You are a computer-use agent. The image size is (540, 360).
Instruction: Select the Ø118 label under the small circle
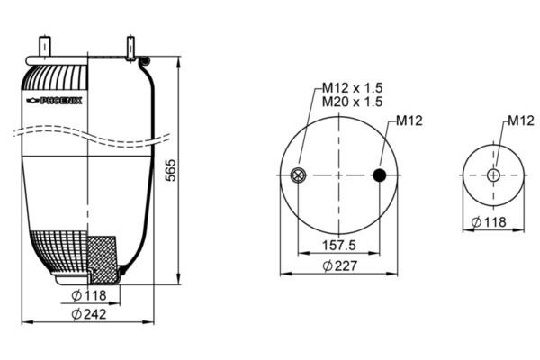[489, 222]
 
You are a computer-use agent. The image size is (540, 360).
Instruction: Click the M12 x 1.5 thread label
[352, 87]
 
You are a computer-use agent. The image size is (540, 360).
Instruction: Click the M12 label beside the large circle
[409, 121]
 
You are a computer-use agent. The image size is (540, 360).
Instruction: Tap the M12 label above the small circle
[521, 121]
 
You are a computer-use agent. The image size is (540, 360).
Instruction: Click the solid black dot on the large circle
[380, 175]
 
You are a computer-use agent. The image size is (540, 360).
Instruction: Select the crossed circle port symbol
[299, 175]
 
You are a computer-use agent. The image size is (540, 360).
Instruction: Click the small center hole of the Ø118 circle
[492, 175]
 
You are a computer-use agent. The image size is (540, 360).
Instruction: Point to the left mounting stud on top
[42, 47]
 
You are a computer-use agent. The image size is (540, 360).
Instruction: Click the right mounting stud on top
[131, 47]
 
